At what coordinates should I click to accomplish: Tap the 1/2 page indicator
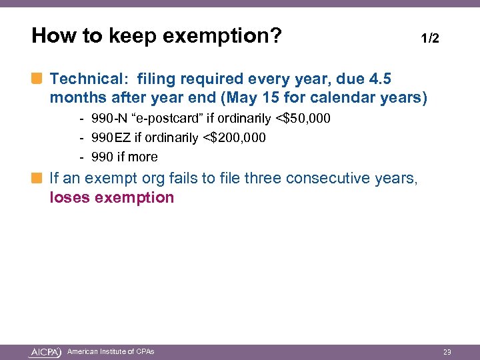430,39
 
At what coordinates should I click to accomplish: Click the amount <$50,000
303,119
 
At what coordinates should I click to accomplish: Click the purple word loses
70,198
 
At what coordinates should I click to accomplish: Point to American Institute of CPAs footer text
111,351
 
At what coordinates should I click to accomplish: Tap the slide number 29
447,351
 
